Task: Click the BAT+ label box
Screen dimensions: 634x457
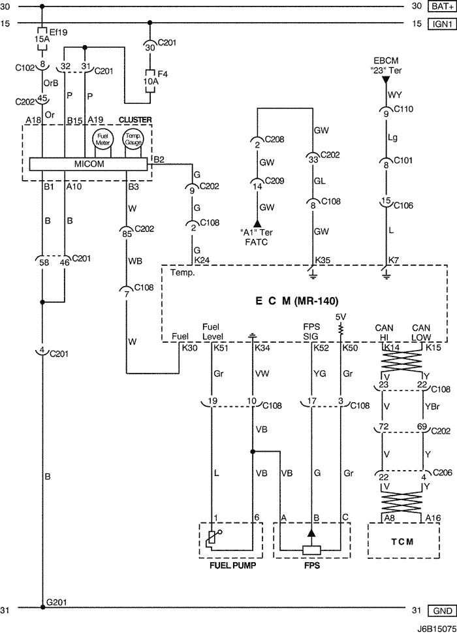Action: coord(439,7)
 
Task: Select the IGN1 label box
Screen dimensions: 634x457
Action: coord(439,24)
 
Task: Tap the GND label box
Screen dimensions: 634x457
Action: coord(439,610)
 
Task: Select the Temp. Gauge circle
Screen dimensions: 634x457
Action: coord(133,138)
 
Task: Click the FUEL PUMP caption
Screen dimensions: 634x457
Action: coord(232,566)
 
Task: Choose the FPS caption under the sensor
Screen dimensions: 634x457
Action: coord(311,566)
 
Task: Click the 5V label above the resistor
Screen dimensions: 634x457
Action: coord(340,317)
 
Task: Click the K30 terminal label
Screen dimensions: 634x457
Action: coord(189,348)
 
